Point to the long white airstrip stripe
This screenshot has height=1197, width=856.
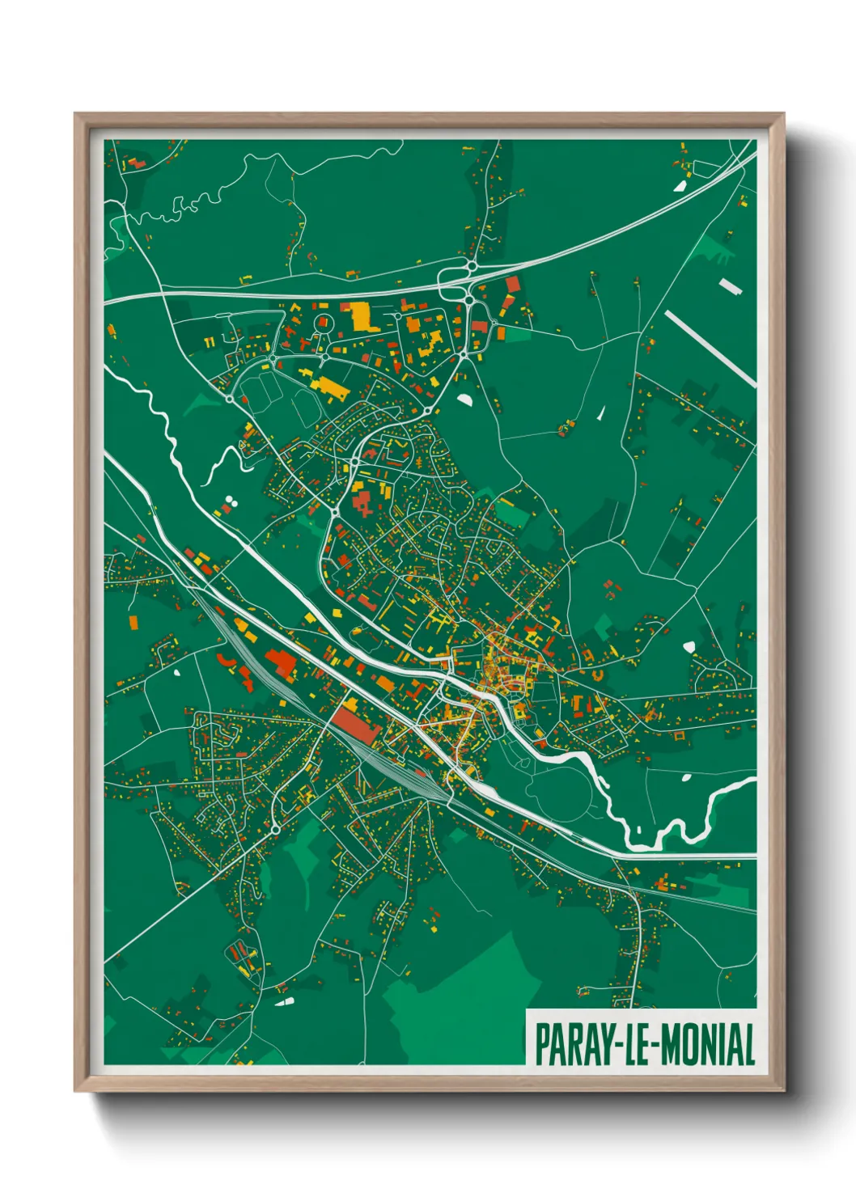click(710, 348)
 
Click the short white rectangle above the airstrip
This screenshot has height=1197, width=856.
click(730, 286)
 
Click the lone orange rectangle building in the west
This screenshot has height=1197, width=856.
click(132, 622)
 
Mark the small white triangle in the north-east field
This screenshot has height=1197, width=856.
click(601, 412)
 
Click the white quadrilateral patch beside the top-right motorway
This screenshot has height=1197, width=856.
click(680, 185)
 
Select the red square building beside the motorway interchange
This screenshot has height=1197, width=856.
click(512, 284)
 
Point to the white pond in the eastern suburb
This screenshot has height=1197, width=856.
click(689, 646)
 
